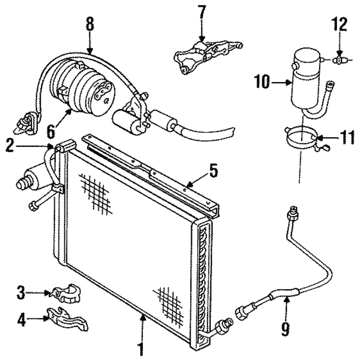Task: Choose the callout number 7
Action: tap(202, 11)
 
